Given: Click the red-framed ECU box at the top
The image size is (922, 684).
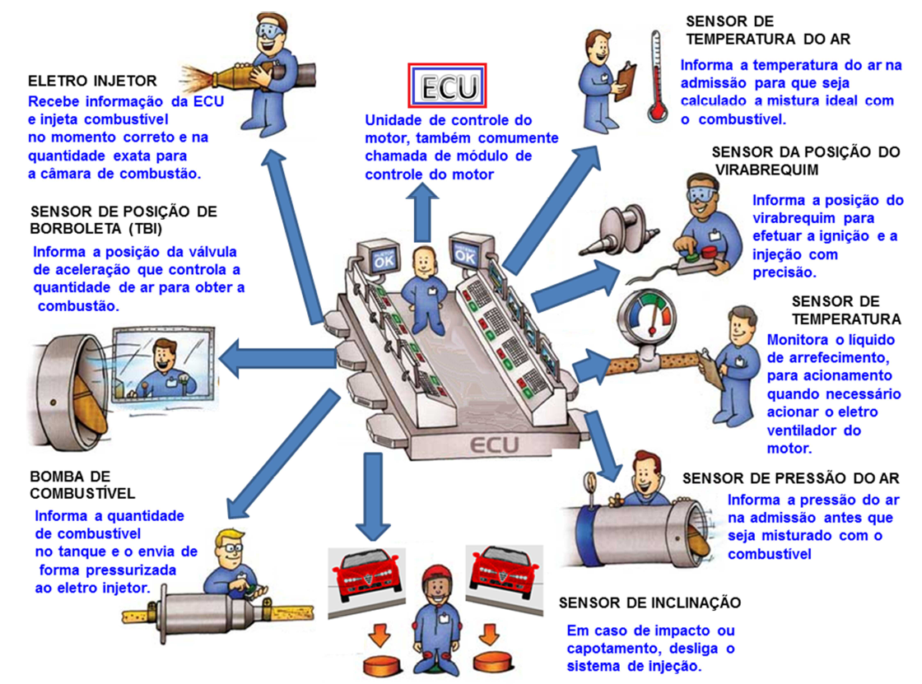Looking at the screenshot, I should [448, 85].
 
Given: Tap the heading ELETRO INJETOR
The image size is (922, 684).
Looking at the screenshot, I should [92, 81].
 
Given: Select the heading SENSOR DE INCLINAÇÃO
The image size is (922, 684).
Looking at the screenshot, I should [650, 603].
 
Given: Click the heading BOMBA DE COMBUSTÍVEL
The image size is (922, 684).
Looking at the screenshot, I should [82, 485].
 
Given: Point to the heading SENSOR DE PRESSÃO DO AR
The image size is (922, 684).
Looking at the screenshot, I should [790, 478].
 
